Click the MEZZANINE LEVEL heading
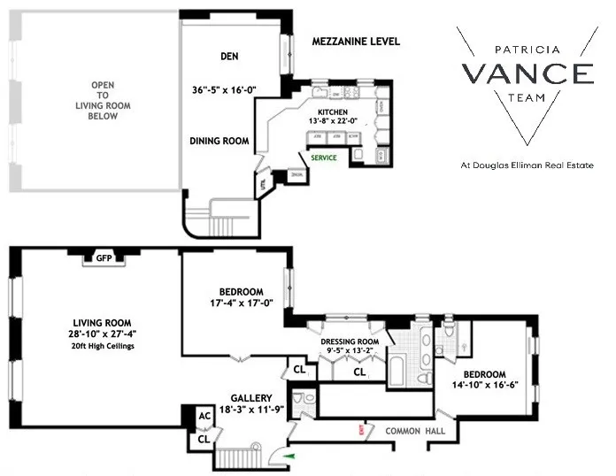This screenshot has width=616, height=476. click(357, 42)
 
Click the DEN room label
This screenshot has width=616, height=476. click(232, 58)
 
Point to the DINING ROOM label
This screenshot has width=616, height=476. click(219, 141)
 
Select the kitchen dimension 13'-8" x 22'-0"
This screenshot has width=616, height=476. click(334, 120)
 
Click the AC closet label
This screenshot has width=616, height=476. click(203, 416)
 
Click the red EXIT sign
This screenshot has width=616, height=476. click(361, 431)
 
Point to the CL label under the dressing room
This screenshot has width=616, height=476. click(359, 372)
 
